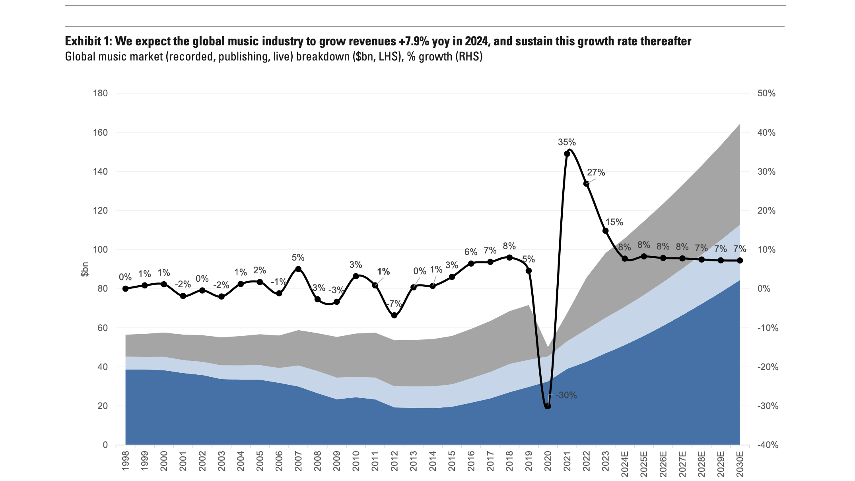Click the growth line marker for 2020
click(x=548, y=406)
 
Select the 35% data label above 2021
click(x=567, y=142)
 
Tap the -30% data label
click(x=566, y=395)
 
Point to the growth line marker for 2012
click(x=394, y=315)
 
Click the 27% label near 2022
click(x=596, y=172)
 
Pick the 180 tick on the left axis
click(x=100, y=93)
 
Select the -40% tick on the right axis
click(x=768, y=445)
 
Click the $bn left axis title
click(x=85, y=269)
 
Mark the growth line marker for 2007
click(x=298, y=269)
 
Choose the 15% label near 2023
click(x=614, y=222)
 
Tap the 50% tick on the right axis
click(x=766, y=93)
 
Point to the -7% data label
click(x=394, y=304)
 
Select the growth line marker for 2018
click(x=509, y=257)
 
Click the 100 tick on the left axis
click(x=100, y=250)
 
